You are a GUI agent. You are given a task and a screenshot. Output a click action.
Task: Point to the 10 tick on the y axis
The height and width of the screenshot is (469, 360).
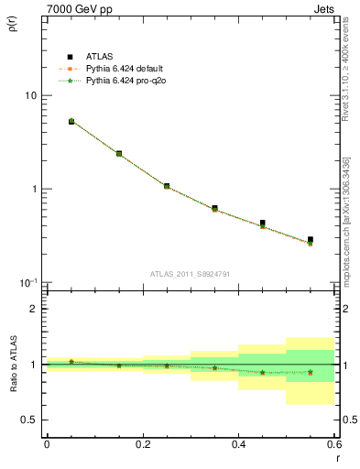30,95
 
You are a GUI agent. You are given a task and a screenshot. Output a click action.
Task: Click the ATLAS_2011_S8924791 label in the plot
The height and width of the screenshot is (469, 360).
190,273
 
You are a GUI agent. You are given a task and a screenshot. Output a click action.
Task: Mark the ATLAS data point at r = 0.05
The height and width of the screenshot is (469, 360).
71,121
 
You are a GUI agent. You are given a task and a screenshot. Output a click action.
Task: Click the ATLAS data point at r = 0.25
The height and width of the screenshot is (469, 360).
167,186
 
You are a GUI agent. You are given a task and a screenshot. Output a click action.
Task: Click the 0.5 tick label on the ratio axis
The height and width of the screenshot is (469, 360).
30,420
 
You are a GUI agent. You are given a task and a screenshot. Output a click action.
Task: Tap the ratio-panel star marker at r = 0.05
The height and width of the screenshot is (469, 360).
71,362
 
